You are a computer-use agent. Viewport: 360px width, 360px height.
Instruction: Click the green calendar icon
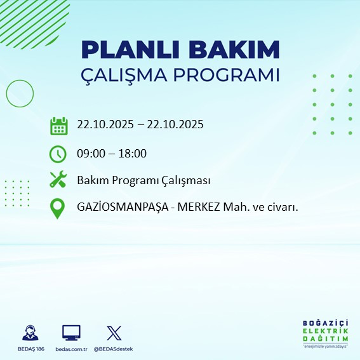tap(58, 125)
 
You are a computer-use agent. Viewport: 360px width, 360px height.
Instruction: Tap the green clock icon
tap(58, 153)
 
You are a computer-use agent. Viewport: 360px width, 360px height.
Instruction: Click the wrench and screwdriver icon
tap(58, 180)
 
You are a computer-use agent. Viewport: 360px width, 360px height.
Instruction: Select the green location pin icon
tap(58, 208)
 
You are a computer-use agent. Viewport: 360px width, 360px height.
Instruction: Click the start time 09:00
tap(90, 153)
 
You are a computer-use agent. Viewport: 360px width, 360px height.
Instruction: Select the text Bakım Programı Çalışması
tap(143, 180)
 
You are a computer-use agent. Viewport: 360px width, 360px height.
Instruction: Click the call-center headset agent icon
tap(29, 333)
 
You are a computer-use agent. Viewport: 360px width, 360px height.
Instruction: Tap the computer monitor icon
tap(71, 333)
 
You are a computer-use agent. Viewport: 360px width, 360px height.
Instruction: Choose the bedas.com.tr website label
tap(71, 349)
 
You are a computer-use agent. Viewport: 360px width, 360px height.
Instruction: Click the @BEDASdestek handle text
tap(114, 349)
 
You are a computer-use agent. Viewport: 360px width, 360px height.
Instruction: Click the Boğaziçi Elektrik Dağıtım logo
tap(326, 334)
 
